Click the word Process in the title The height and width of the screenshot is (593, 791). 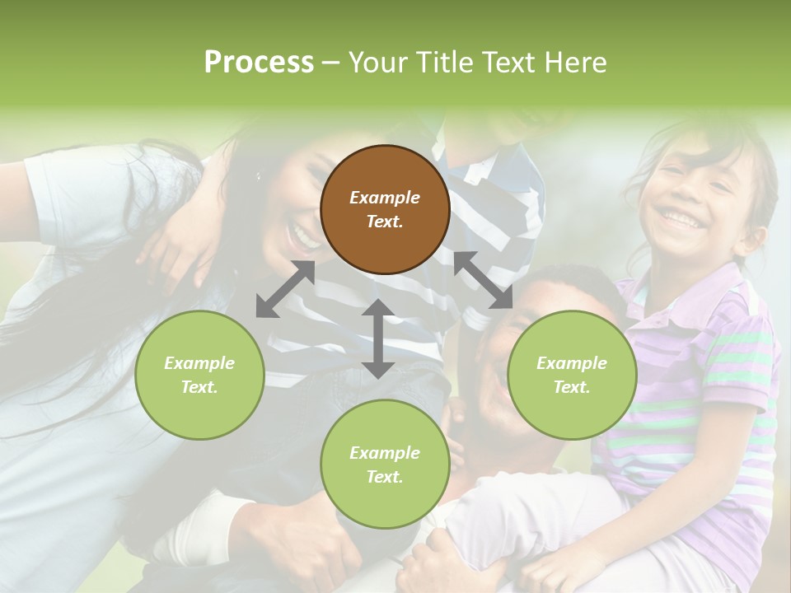(259, 63)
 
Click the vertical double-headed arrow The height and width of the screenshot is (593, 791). (378, 339)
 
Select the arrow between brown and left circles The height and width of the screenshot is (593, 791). (285, 289)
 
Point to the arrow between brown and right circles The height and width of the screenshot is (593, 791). (483, 280)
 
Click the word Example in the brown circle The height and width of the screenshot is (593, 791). (385, 198)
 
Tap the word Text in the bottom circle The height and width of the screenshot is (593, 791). (383, 477)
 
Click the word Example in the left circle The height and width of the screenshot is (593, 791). (199, 363)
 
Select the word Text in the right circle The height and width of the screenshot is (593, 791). (570, 387)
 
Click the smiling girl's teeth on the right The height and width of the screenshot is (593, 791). (681, 219)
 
